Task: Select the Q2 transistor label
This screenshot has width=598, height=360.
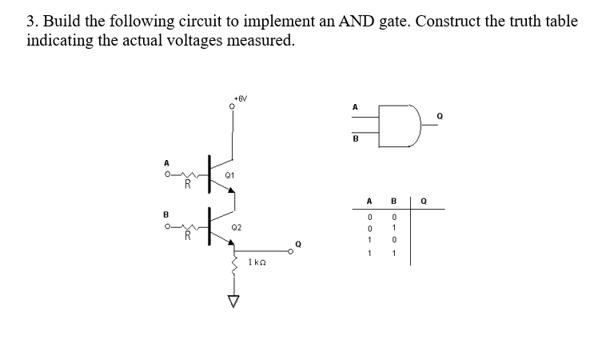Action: coord(235,227)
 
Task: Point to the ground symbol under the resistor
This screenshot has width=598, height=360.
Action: coord(233,301)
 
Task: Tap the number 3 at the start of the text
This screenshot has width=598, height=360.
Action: coord(30,22)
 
